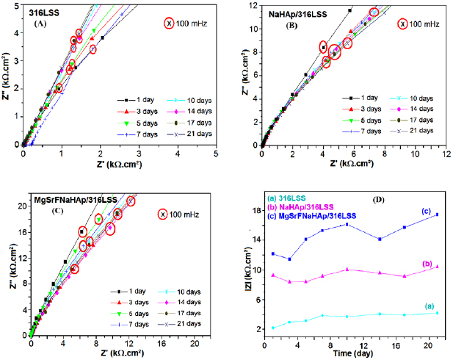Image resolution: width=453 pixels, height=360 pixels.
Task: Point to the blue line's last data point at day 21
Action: pyautogui.click(x=438, y=215)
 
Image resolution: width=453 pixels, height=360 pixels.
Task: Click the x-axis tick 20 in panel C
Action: pyautogui.click(x=194, y=343)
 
